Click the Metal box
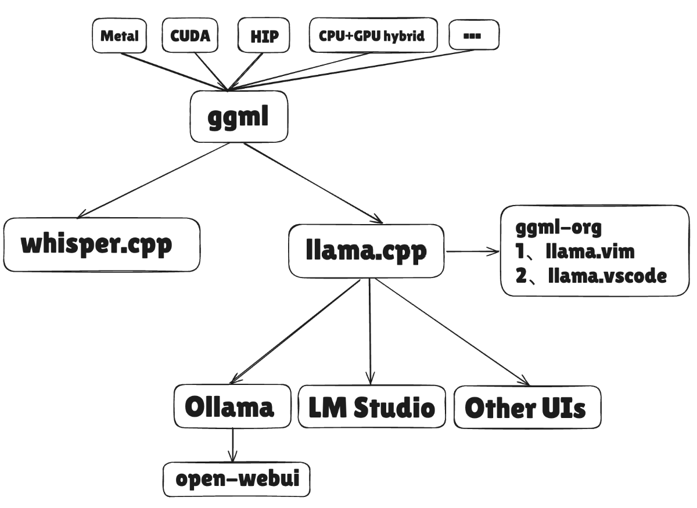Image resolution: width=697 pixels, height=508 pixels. [x=120, y=36]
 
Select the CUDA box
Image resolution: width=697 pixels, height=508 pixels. [x=193, y=35]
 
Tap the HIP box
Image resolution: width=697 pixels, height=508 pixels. [x=264, y=36]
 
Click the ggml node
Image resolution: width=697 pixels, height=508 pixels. [x=239, y=117]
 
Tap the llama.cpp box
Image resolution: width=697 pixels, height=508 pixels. [x=367, y=251]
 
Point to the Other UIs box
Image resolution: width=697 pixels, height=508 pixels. [x=526, y=408]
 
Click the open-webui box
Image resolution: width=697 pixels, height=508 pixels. [x=235, y=480]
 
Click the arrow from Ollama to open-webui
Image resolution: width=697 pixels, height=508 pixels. [x=232, y=444]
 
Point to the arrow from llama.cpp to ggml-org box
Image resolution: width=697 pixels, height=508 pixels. [x=472, y=251]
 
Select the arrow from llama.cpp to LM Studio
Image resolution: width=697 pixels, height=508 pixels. [x=369, y=331]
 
